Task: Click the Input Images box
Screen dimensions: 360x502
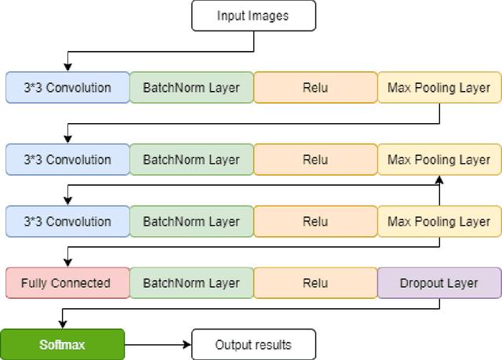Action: tap(253, 16)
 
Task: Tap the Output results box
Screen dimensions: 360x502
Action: tap(253, 344)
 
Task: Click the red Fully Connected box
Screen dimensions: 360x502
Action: tap(66, 283)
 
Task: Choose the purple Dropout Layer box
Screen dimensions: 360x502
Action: tap(438, 283)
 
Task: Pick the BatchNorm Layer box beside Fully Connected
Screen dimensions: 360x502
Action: tap(191, 283)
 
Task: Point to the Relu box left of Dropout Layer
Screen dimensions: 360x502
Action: tap(315, 283)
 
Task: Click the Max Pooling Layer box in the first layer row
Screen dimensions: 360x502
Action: tap(438, 88)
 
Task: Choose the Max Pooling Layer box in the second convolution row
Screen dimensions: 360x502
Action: tap(438, 160)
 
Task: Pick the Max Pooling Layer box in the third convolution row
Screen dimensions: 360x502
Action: tap(438, 222)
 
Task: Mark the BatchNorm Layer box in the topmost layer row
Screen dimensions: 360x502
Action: tap(191, 88)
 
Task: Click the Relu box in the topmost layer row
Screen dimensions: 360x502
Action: tap(315, 88)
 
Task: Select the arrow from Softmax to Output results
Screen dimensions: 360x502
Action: tap(157, 344)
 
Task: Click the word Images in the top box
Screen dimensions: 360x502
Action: tap(270, 16)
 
